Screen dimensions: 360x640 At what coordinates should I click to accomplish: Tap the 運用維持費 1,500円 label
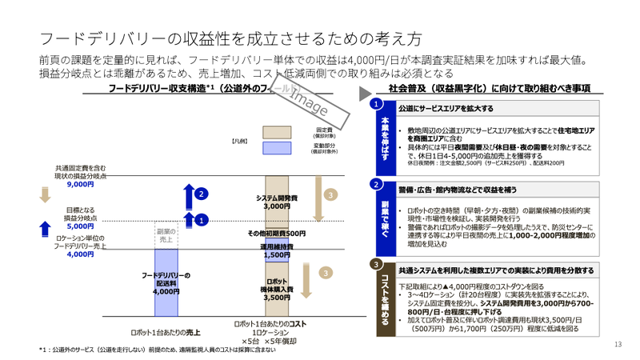coord(278,251)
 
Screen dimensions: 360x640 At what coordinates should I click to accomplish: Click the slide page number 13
coord(618,344)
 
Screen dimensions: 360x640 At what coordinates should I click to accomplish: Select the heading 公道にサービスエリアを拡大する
coord(445,108)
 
